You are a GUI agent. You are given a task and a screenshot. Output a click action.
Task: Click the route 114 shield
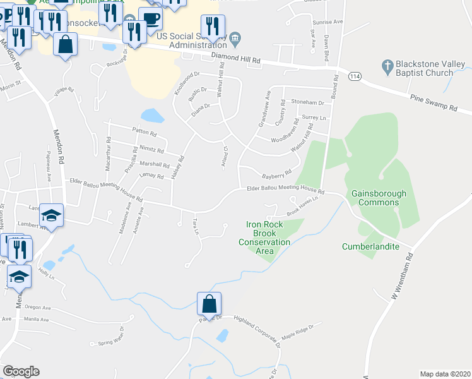pyautogui.click(x=353, y=76)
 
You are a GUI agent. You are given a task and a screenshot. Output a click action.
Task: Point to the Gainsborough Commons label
pyautogui.click(x=379, y=198)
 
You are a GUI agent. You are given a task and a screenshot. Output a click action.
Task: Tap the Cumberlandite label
pyautogui.click(x=371, y=246)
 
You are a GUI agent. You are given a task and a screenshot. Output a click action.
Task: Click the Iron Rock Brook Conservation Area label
pyautogui.click(x=268, y=238)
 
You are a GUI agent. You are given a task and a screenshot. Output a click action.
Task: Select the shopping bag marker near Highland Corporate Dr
pyautogui.click(x=209, y=303)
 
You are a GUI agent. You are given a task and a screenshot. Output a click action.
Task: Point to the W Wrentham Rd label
pyautogui.click(x=401, y=276)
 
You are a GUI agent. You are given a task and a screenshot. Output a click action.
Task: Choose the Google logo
pyautogui.click(x=21, y=371)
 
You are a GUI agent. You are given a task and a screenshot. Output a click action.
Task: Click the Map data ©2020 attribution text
pyautogui.click(x=445, y=374)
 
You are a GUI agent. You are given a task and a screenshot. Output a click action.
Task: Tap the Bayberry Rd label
pyautogui.click(x=277, y=172)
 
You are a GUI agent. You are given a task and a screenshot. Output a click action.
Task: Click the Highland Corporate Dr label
pyautogui.click(x=257, y=330)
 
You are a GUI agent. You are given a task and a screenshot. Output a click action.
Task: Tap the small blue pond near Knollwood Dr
pyautogui.click(x=152, y=116)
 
